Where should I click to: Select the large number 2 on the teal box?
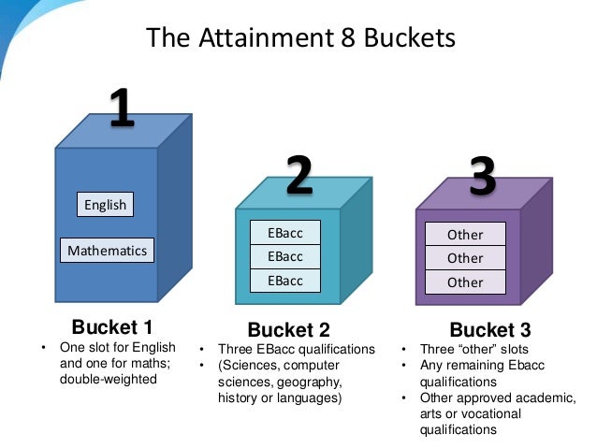pos(298,175)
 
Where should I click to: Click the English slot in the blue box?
pos(105,205)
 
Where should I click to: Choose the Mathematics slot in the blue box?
pos(108,251)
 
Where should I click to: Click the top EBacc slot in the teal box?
pos(284,232)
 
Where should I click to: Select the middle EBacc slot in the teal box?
pos(284,256)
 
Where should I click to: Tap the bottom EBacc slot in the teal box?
pos(284,281)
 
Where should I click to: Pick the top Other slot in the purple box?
pos(465,235)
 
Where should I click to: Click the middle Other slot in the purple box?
pos(465,258)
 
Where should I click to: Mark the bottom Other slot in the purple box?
pos(465,282)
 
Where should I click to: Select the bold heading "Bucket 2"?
pos(288,330)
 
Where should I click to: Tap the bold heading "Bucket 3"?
pos(489,330)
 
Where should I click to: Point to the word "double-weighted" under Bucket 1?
pos(106,380)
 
